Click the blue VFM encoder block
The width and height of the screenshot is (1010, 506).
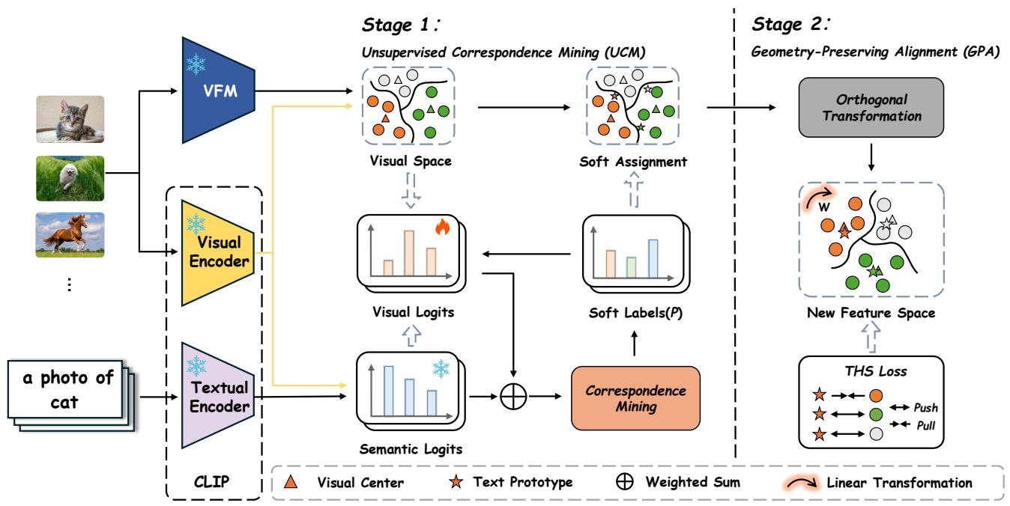click(219, 91)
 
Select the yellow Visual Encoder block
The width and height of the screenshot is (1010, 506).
click(218, 253)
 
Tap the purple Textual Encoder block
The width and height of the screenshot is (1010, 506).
click(218, 396)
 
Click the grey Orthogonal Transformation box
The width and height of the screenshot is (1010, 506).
click(871, 107)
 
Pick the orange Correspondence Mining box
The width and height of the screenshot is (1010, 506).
click(636, 398)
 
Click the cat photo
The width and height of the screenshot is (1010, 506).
click(70, 119)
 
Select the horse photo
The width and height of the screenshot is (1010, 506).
click(70, 235)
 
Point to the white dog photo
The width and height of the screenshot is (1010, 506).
click(70, 178)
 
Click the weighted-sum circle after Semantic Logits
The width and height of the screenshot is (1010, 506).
click(513, 397)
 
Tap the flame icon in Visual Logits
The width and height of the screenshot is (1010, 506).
click(442, 227)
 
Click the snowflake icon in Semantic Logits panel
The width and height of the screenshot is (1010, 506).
click(441, 368)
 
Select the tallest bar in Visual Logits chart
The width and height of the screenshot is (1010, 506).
click(409, 253)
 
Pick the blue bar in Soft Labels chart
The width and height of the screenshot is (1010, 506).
click(653, 259)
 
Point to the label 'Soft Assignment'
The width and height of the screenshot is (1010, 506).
click(633, 162)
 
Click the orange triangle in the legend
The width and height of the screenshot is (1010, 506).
click(291, 481)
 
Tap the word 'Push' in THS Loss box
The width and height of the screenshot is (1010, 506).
click(925, 408)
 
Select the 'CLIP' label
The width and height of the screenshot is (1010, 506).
click(211, 481)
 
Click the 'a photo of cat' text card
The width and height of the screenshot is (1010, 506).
click(65, 389)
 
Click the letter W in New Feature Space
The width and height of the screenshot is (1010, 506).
click(823, 207)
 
